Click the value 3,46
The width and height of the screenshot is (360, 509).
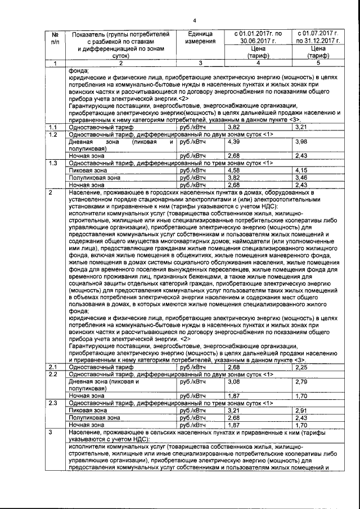click(x=301, y=177)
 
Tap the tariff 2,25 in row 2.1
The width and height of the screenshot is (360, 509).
click(x=301, y=367)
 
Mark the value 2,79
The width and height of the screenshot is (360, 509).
click(x=301, y=382)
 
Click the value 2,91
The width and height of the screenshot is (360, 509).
click(x=301, y=411)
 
